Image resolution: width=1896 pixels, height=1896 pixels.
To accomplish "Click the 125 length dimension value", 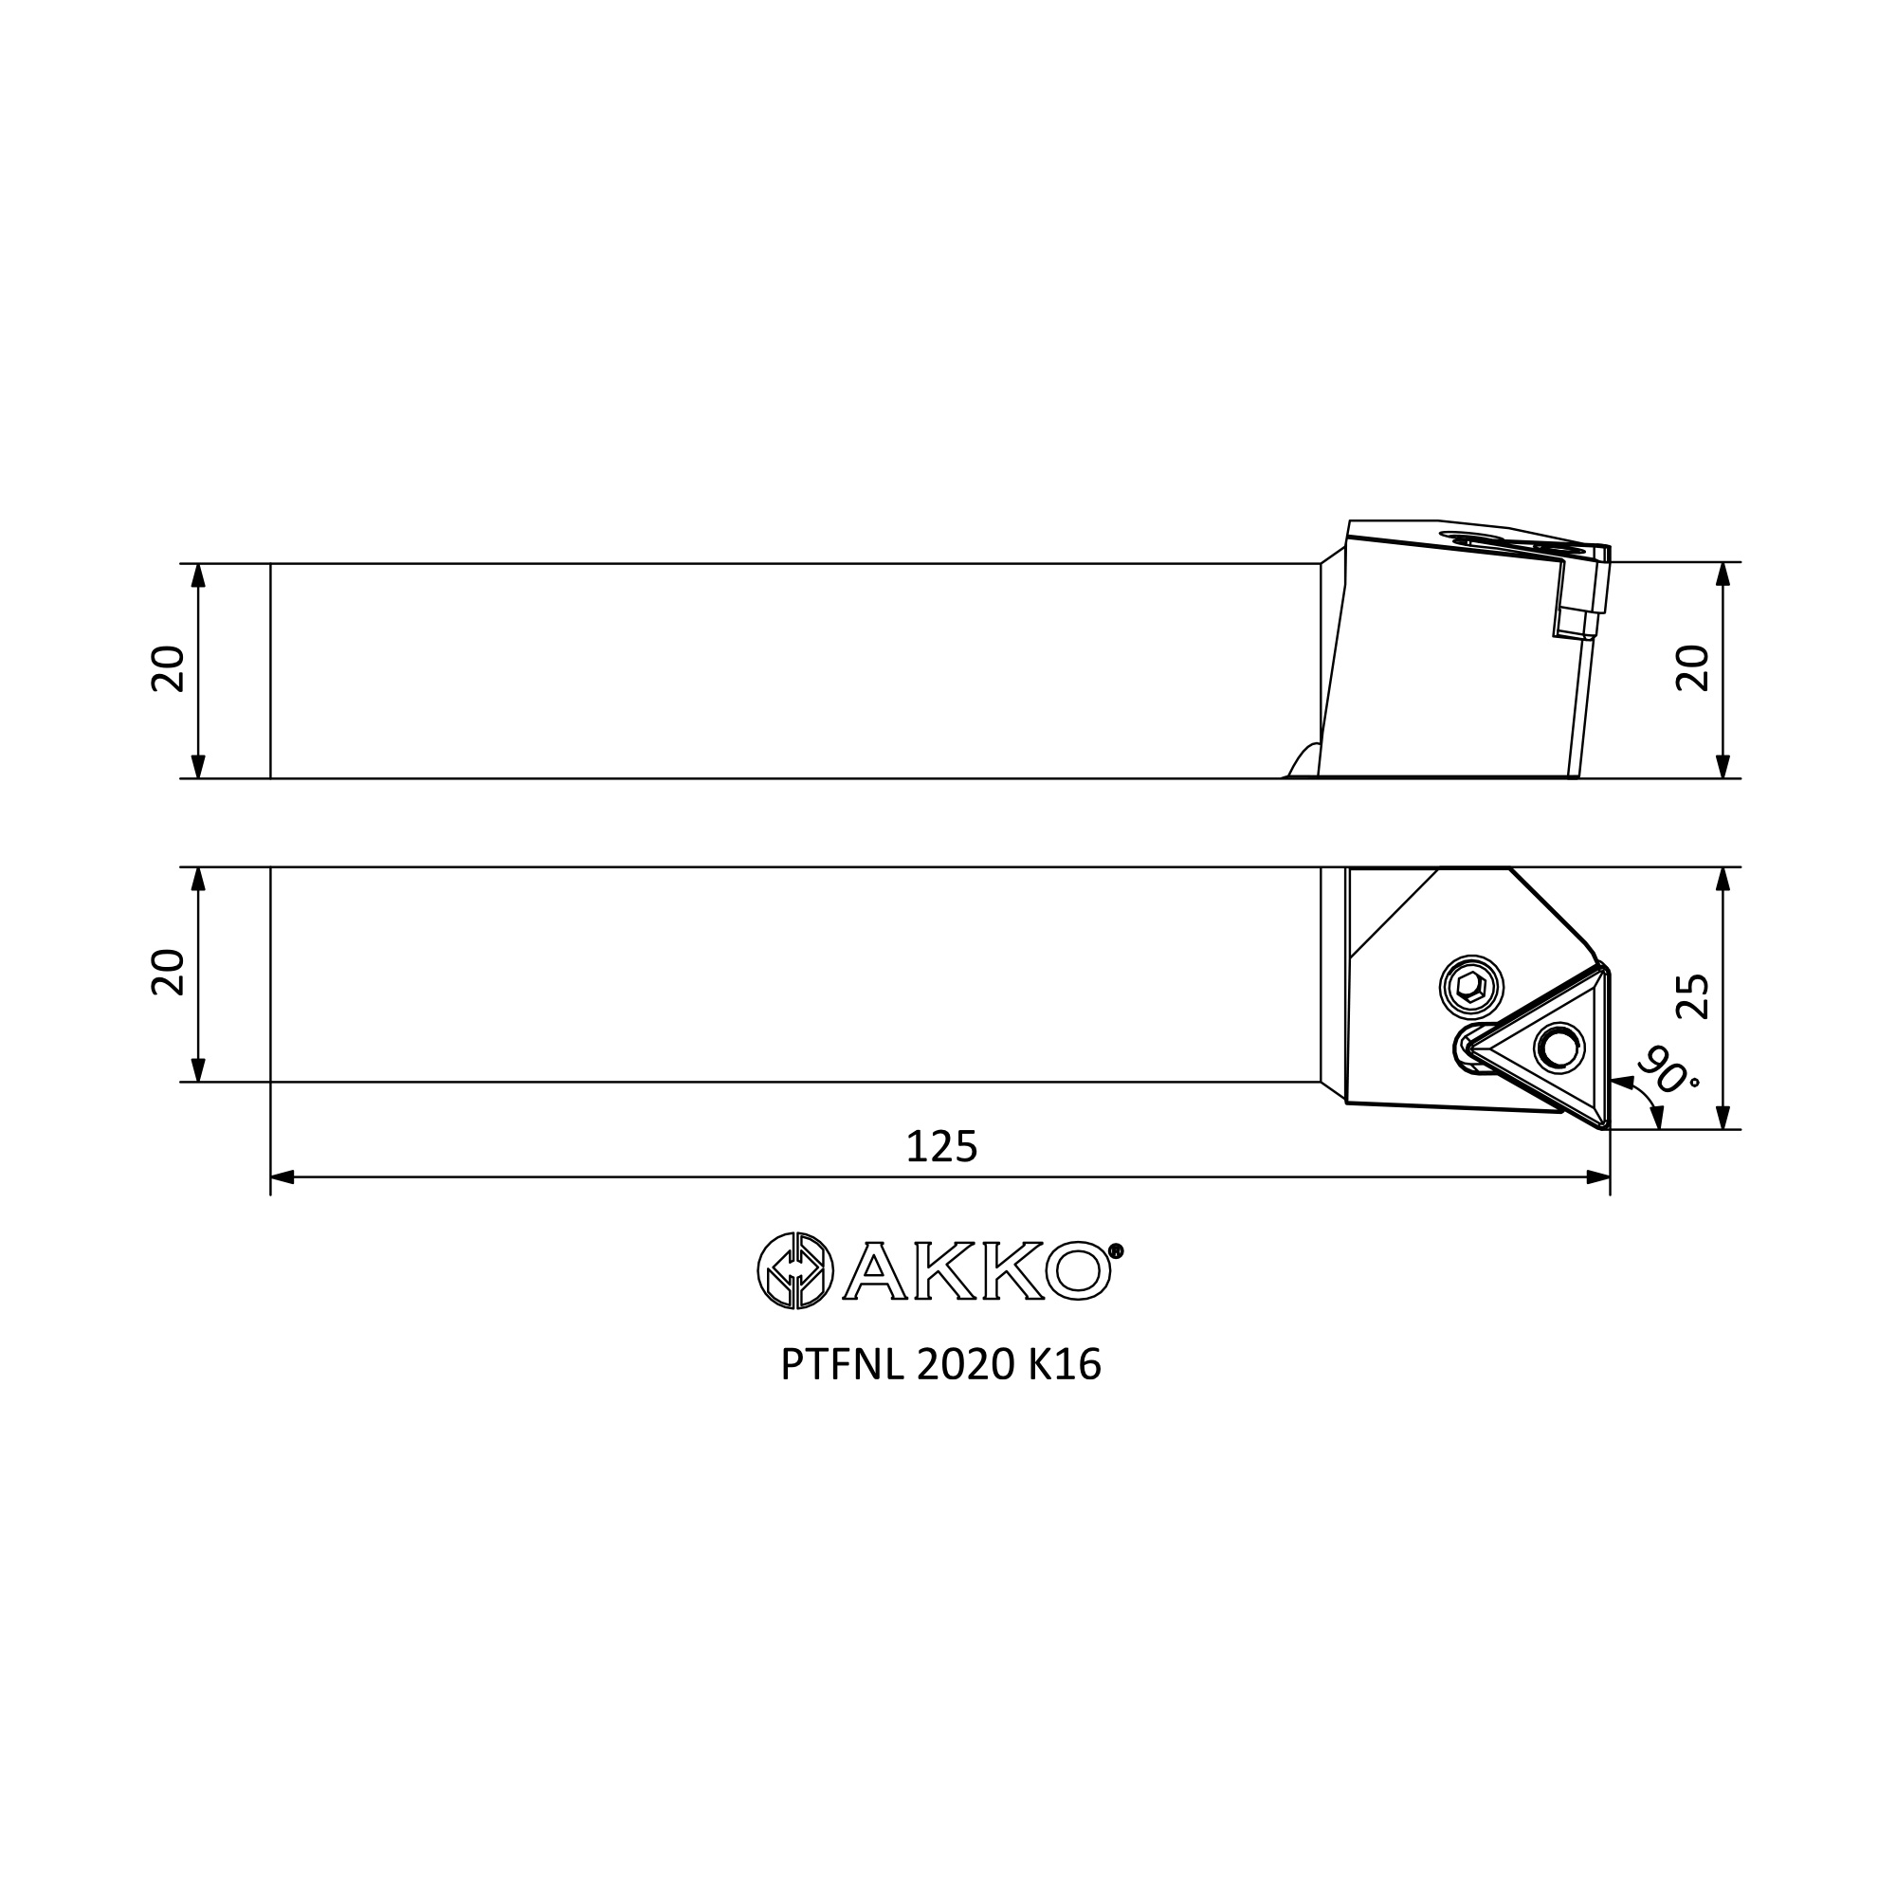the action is coord(942,1146).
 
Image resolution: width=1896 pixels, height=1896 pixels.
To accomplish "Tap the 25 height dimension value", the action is coord(1694,997).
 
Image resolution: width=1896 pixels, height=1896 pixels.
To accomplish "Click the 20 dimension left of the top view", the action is coord(169,669).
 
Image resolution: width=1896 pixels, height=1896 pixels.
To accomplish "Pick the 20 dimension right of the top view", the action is coord(1694,668).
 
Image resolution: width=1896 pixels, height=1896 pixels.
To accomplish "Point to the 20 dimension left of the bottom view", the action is coord(169,973).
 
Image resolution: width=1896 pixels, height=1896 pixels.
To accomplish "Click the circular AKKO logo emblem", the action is coord(795,1270).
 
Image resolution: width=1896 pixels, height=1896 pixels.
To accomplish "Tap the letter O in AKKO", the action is coord(1079,1272).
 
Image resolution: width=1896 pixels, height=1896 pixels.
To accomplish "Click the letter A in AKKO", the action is coord(873,1272).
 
